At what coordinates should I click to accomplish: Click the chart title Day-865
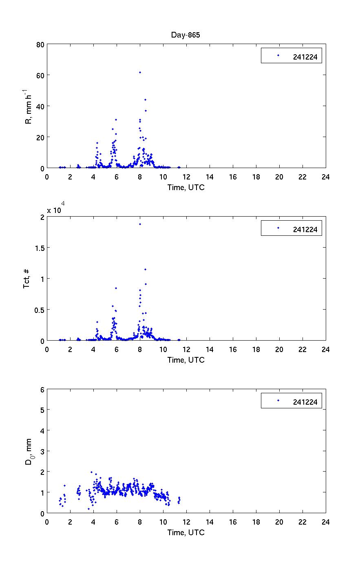[186, 35]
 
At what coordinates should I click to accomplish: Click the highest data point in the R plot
[140, 72]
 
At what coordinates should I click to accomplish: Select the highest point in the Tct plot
[140, 224]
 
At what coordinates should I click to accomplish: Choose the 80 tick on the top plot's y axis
[40, 44]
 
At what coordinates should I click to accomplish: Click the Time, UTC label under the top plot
[186, 188]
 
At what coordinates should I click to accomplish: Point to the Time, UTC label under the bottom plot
[186, 533]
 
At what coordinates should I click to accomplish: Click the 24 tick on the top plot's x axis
[325, 177]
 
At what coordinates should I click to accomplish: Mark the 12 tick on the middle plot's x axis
[186, 349]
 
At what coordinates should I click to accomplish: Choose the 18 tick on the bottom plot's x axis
[256, 522]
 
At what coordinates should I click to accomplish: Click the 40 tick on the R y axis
[40, 106]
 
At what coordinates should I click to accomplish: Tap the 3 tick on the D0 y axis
[42, 451]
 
